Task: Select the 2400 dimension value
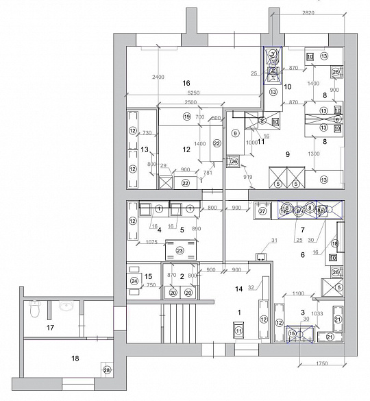pyautogui.click(x=158, y=77)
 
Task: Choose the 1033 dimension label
pyautogui.click(x=317, y=313)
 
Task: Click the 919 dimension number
pyautogui.click(x=247, y=178)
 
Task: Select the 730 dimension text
pyautogui.click(x=146, y=132)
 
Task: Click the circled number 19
pyautogui.click(x=186, y=117)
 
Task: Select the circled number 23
pyautogui.click(x=180, y=251)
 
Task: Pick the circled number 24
pyautogui.click(x=134, y=281)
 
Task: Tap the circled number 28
pyautogui.click(x=106, y=370)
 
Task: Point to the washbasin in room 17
pyautogui.click(x=66, y=306)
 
